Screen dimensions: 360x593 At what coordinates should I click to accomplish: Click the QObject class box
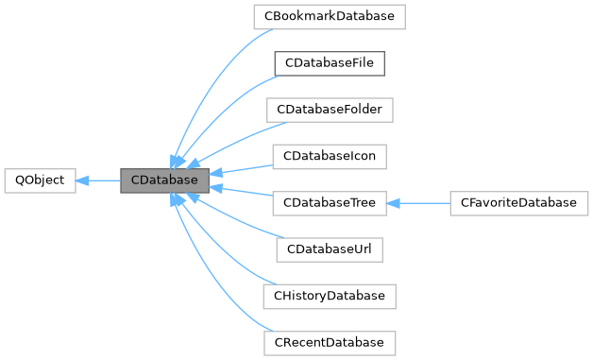(39, 180)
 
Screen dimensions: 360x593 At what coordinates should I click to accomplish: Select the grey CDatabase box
(163, 180)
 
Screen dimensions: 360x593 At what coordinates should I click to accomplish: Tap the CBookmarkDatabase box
(329, 16)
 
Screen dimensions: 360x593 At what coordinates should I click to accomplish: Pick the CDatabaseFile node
(329, 62)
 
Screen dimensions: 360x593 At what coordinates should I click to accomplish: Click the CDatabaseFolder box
(329, 109)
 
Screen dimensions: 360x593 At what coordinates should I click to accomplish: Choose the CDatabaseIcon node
(329, 155)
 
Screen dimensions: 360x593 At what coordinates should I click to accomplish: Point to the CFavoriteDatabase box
(518, 202)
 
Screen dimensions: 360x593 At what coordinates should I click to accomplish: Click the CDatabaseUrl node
(329, 249)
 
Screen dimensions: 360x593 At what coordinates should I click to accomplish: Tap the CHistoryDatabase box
(329, 295)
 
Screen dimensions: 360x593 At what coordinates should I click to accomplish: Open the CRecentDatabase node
(329, 341)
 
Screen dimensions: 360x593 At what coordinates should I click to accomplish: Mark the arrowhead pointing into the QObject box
(82, 180)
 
